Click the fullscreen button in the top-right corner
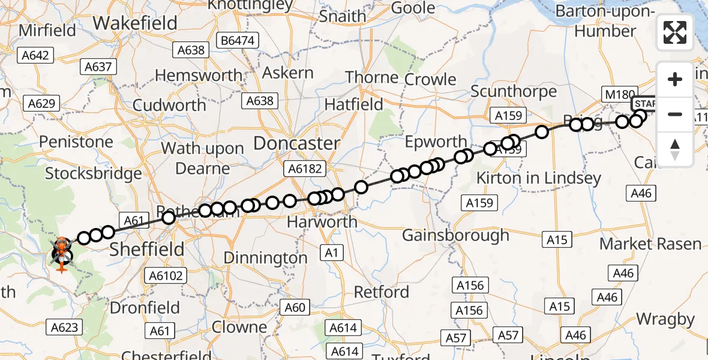(675, 32)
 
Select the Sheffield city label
(147, 248)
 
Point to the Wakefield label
(136, 23)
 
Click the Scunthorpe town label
(514, 92)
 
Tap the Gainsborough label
(455, 235)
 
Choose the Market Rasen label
(651, 244)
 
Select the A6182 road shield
(305, 170)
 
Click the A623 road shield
(64, 327)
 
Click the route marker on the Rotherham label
(169, 217)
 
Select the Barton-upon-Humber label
(596, 21)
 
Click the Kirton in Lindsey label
(538, 178)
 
